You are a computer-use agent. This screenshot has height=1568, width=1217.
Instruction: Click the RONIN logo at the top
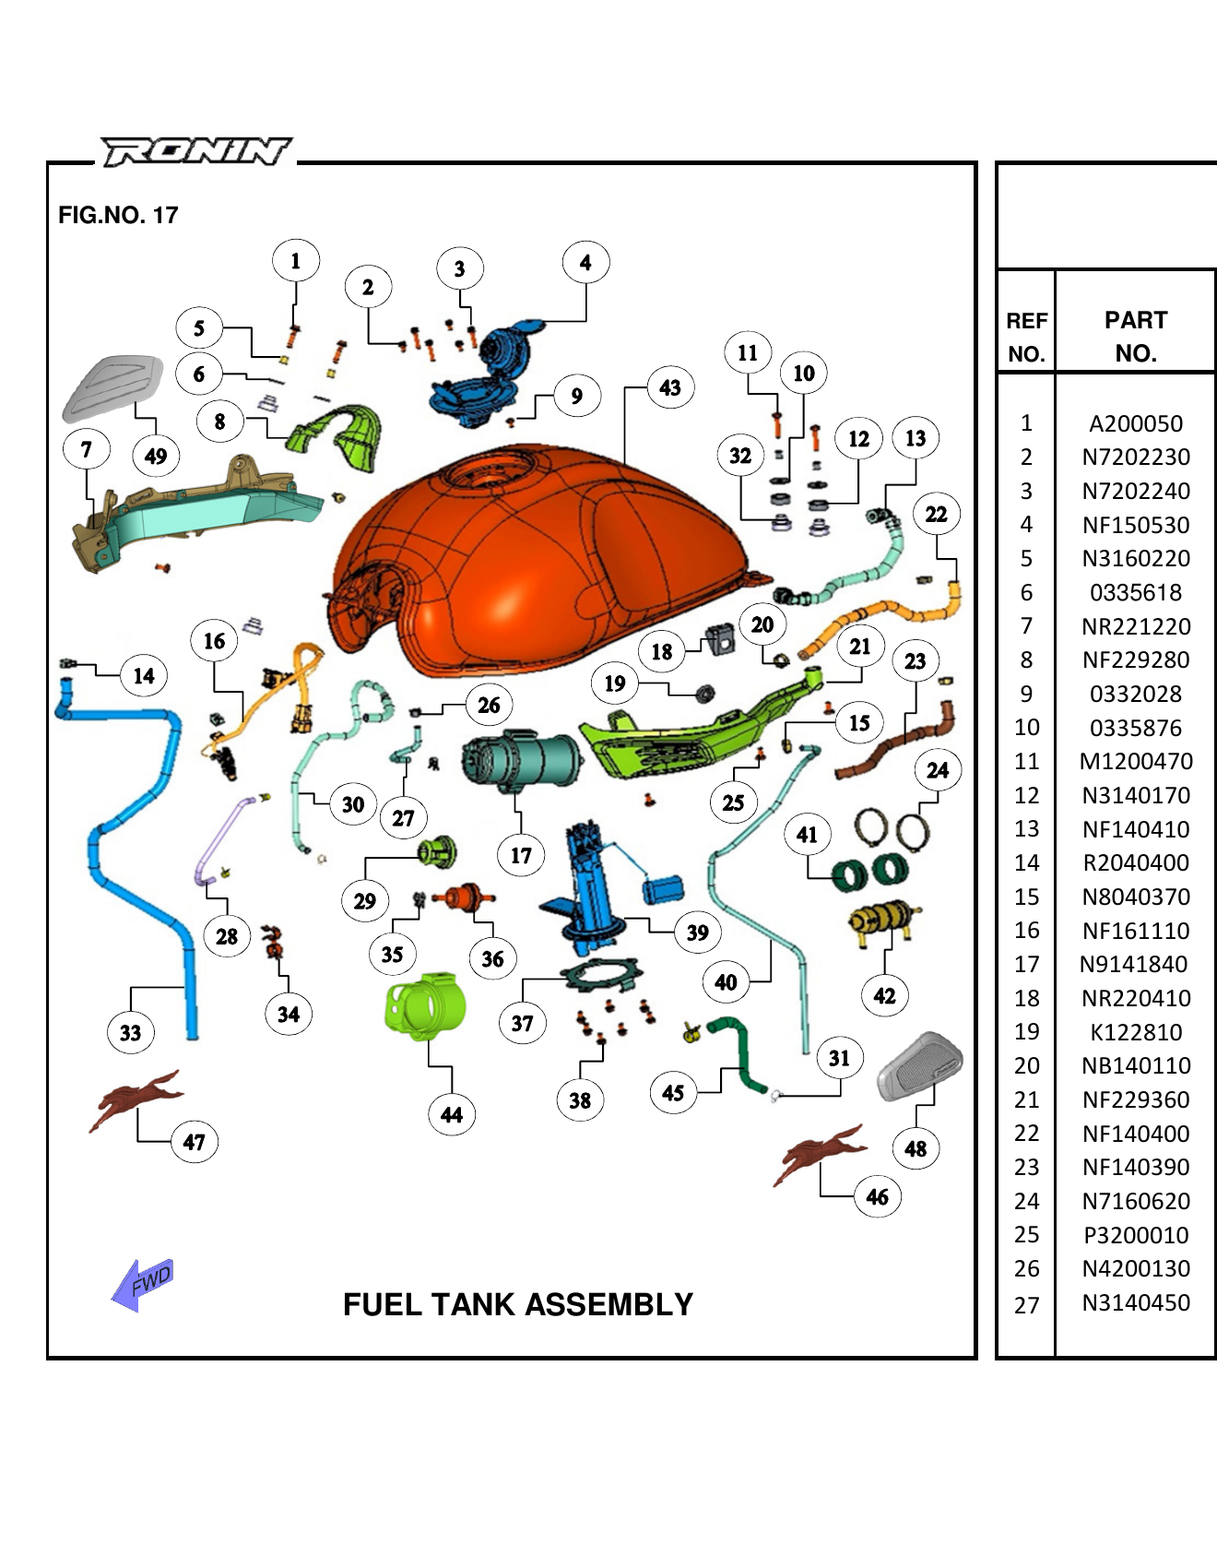pos(195,150)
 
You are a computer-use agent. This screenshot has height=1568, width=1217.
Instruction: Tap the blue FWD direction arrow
pos(142,1283)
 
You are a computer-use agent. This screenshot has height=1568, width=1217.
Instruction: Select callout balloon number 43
pos(670,387)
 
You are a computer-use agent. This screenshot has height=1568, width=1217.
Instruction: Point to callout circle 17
pos(521,855)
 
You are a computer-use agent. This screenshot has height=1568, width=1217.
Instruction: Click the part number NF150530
pos(1135,525)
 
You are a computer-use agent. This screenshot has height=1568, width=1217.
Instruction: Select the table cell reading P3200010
pos(1135,1235)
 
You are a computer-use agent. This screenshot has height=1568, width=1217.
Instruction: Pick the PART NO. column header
pos(1135,336)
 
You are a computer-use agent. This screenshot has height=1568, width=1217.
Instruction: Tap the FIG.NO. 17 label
pos(118,215)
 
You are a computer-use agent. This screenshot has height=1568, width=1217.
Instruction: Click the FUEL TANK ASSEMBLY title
pos(517,1304)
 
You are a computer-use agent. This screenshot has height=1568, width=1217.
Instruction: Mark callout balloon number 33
pos(131,1032)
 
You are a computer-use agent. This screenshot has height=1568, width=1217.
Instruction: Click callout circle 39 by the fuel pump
pos(697,932)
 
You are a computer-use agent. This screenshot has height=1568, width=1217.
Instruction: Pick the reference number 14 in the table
pos(1026,862)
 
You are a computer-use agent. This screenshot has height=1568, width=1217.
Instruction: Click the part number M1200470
pos(1135,761)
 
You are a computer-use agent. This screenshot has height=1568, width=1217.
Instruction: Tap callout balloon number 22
pos(936,514)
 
